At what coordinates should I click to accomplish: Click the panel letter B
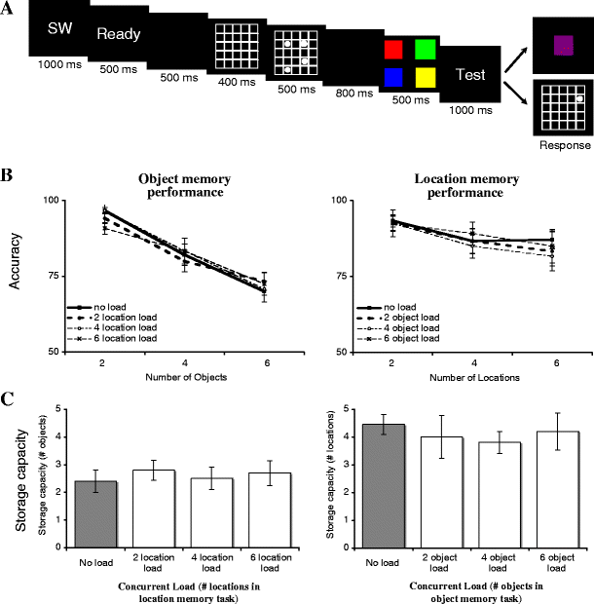pyautogui.click(x=8, y=153)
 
